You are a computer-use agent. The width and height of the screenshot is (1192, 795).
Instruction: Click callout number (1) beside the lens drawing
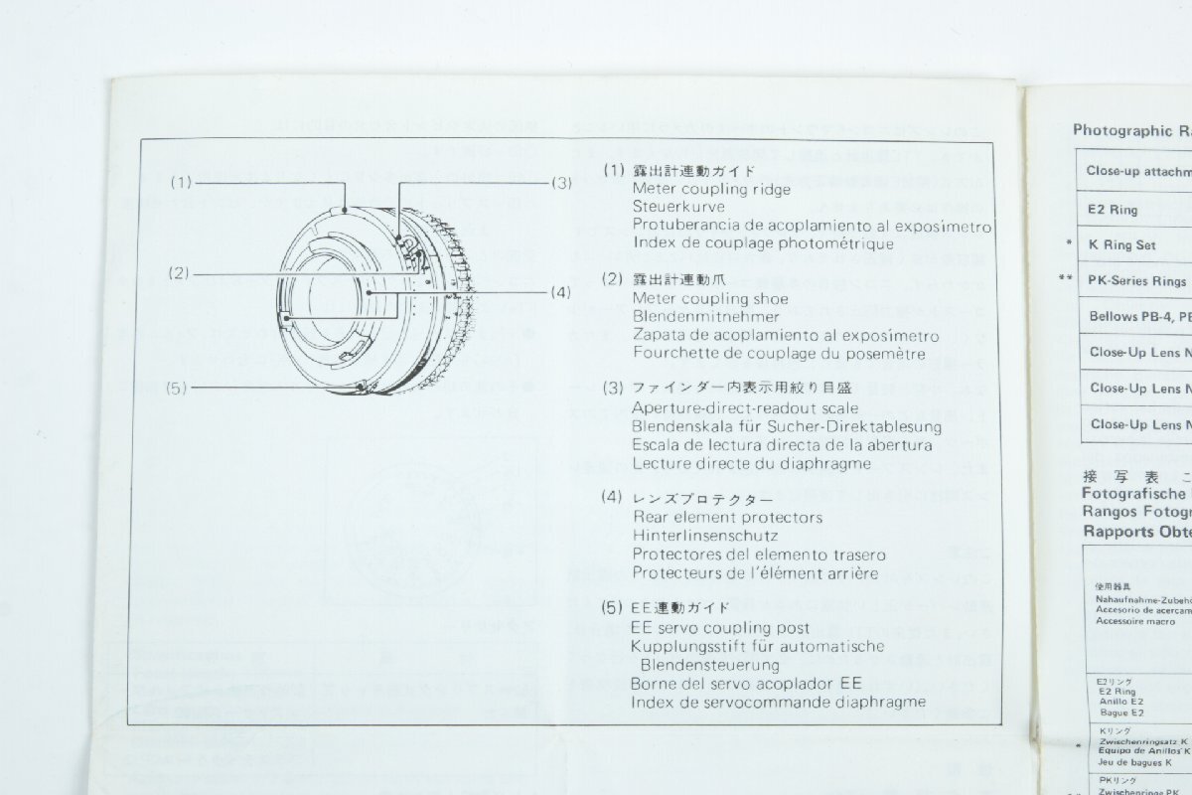click(180, 183)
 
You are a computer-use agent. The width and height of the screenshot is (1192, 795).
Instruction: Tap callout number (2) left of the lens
click(180, 271)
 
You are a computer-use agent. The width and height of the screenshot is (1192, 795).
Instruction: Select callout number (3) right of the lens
click(562, 183)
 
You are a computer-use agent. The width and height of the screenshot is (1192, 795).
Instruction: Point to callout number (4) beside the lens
click(562, 293)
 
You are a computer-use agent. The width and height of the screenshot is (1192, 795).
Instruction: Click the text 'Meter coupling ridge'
click(711, 189)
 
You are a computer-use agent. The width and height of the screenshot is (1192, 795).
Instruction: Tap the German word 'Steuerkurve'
click(678, 207)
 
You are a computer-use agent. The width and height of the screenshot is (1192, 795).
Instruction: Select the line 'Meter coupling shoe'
click(710, 299)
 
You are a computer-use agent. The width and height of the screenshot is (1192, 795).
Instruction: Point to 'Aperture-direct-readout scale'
click(745, 408)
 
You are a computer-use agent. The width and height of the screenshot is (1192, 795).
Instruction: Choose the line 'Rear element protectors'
click(728, 518)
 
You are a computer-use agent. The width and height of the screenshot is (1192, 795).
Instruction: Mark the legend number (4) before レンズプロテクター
click(613, 498)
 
